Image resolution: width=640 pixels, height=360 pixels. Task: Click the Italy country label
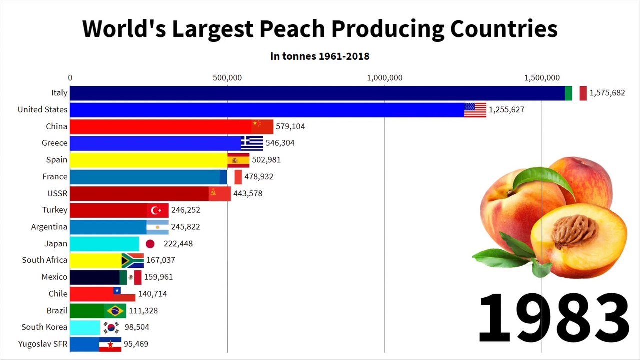[59, 93]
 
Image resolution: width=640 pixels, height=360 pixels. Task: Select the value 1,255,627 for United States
[506, 110]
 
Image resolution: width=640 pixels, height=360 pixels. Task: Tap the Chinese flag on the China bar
[262, 126]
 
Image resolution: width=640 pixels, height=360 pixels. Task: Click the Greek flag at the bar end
[252, 143]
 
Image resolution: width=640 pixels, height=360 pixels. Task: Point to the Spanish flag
[238, 160]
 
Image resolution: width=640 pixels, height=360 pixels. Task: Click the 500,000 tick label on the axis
[227, 78]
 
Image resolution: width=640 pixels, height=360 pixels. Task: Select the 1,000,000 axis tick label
[384, 78]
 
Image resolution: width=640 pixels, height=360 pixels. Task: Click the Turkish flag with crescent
[158, 210]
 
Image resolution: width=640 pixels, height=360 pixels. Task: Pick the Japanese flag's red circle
[150, 244]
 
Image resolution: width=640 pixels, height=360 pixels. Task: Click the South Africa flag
[133, 260]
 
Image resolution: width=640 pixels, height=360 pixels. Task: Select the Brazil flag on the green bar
[115, 311]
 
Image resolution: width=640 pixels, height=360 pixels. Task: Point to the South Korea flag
[111, 327]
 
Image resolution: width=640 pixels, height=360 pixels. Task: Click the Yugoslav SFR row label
[43, 344]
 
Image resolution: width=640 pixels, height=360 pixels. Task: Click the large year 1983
[553, 317]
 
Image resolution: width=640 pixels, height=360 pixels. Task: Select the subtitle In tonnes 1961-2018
[320, 56]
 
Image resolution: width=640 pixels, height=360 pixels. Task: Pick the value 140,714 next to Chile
[152, 294]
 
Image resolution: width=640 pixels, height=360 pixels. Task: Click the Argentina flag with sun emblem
[158, 227]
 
